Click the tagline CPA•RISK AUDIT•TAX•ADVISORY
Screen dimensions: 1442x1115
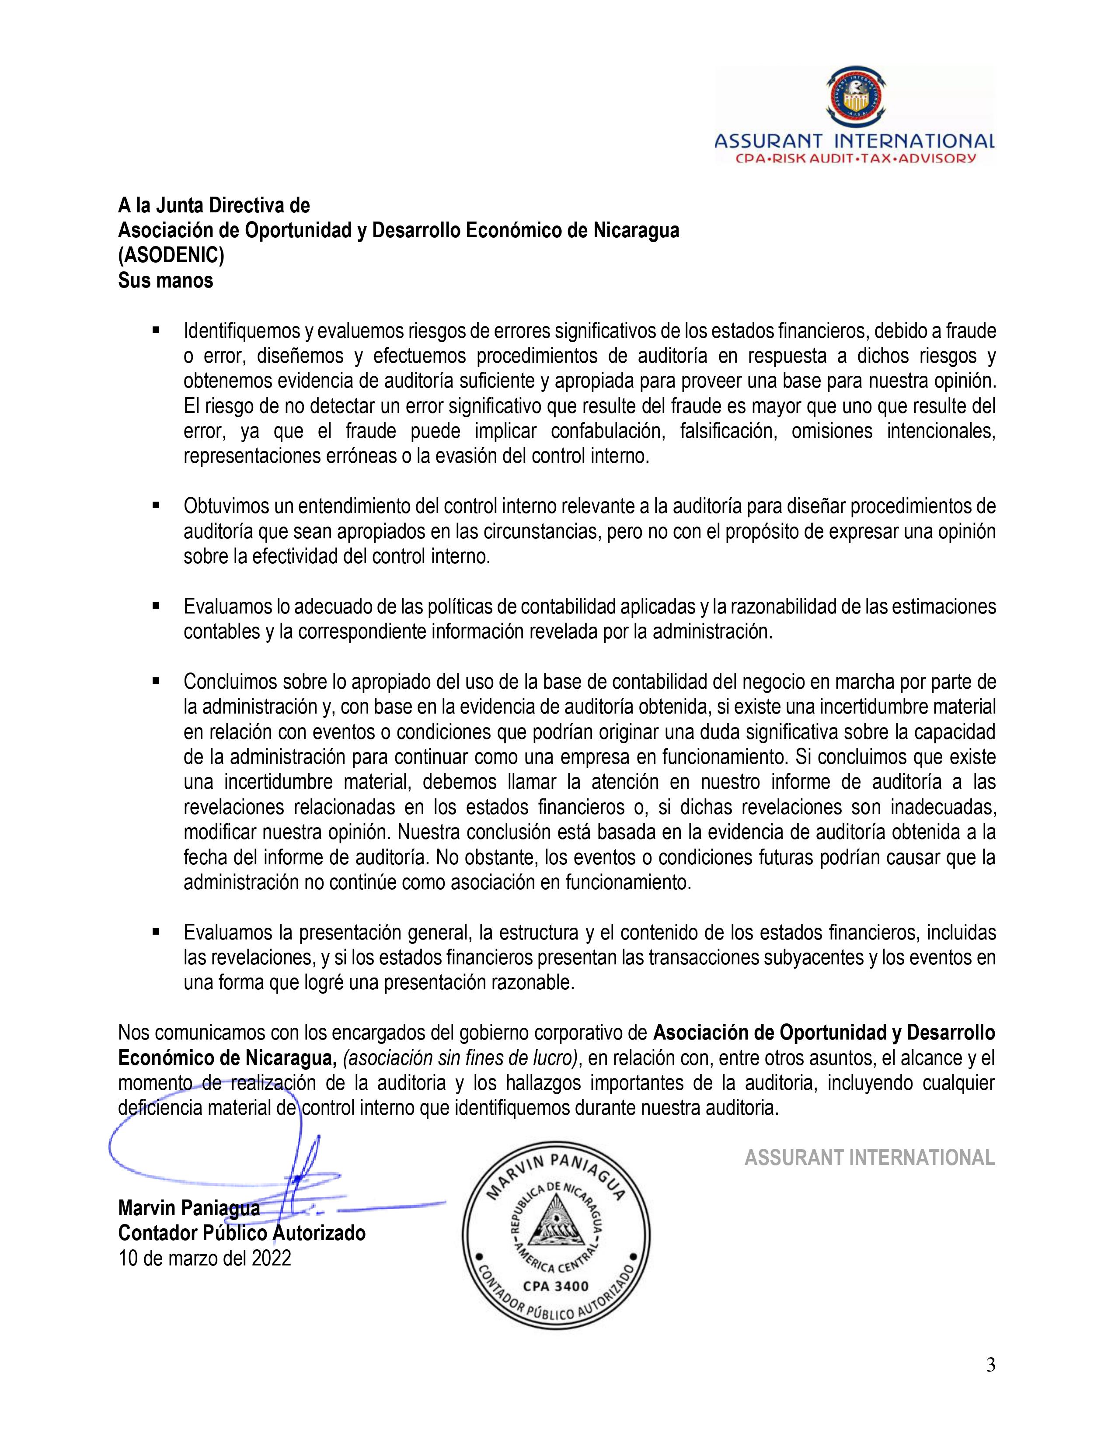coord(855,159)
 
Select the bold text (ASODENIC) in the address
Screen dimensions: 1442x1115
coord(171,256)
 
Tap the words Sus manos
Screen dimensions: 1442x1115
coord(166,281)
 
